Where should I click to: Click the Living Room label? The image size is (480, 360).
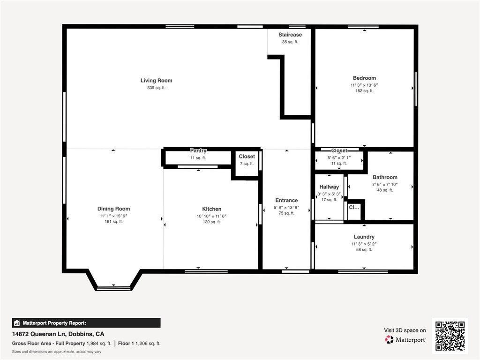point(156,81)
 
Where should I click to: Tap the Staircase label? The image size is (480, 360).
point(290,35)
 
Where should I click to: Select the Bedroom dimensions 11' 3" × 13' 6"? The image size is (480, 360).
point(364,85)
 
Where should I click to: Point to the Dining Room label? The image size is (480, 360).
point(113,209)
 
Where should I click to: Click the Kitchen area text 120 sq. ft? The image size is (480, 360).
point(211,222)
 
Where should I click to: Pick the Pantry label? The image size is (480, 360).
point(198,151)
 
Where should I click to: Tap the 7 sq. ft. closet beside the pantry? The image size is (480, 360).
point(247,164)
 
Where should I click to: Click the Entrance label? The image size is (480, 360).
point(286,201)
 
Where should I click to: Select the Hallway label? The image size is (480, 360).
point(329,187)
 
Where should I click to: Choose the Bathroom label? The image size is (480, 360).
point(384,177)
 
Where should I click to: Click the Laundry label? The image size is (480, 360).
point(364,237)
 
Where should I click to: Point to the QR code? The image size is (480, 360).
point(450,336)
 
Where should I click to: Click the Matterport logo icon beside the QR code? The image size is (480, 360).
point(389,339)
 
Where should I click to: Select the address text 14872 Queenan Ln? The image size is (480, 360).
point(39,334)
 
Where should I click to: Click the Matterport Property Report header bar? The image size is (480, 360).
point(86,323)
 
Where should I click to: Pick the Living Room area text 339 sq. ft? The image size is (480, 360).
point(156,88)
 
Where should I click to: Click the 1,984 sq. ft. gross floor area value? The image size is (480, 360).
point(98,344)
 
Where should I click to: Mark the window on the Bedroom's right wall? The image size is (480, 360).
point(415,89)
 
